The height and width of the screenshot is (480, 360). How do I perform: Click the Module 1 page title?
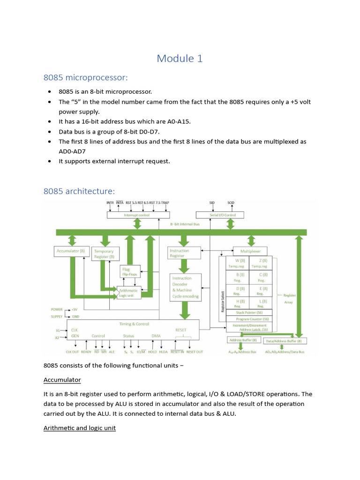coord(180,59)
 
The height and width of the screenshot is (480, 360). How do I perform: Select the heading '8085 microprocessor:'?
coord(85,77)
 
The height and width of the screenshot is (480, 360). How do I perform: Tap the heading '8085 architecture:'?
coord(79,191)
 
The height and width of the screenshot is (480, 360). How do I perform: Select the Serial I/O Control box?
coord(220,215)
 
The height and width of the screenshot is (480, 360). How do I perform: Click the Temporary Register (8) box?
coord(105,254)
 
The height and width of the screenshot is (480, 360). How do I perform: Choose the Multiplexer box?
coord(249,251)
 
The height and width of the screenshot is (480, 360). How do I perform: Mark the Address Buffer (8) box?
coord(242,340)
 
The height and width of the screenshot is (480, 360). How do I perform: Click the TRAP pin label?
coord(165,203)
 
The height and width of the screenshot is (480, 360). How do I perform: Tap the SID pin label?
coord(212,203)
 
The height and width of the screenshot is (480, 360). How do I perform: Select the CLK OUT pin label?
coord(72,352)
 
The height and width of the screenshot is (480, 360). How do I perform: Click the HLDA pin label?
coord(163,352)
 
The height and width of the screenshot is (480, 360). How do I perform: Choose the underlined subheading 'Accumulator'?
coord(62,380)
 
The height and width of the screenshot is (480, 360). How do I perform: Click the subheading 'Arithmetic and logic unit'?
coord(79,428)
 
